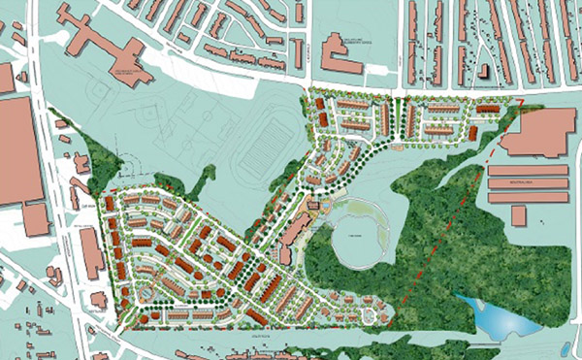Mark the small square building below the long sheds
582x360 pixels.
tap(529, 220)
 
